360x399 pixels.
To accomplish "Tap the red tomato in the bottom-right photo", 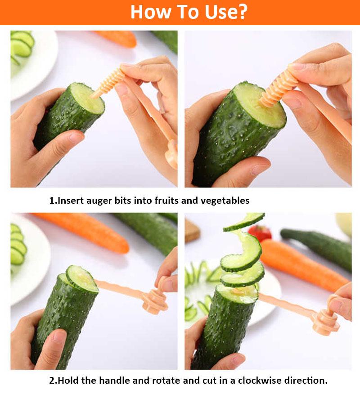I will (x=260, y=233).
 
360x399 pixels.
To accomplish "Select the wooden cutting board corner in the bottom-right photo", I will (x=192, y=230).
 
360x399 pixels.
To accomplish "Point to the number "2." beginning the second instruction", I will (x=53, y=381).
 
